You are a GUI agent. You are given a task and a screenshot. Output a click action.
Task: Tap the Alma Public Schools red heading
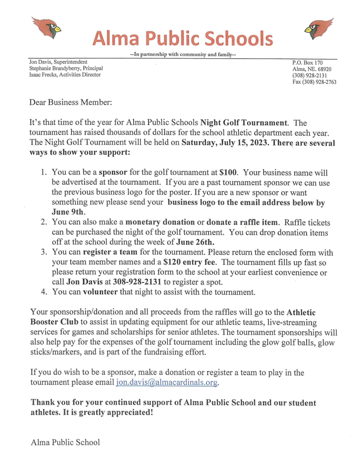[x=182, y=38]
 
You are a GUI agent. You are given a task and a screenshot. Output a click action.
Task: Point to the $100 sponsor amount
[x=229, y=172]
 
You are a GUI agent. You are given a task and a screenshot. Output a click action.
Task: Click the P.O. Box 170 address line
[x=307, y=62]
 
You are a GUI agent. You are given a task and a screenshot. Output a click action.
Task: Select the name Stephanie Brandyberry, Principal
[x=66, y=68]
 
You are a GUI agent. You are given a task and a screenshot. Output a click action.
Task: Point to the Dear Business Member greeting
[x=71, y=102]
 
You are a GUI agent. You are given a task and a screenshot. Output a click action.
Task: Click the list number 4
[x=44, y=293]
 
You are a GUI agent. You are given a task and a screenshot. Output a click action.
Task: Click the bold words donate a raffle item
[x=238, y=222]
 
